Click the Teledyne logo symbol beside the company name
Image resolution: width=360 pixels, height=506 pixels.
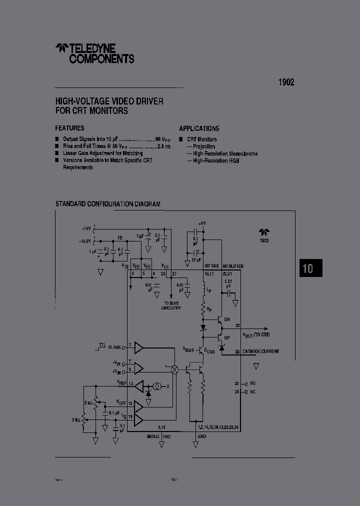[61, 48]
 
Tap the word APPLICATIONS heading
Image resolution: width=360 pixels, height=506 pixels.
[199, 128]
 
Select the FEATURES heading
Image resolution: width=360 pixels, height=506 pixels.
[69, 128]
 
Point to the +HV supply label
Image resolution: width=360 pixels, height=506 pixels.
[202, 223]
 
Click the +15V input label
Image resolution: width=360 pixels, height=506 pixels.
[87, 228]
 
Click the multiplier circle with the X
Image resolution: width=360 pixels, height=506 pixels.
[175, 369]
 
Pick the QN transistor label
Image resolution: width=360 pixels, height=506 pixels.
[226, 319]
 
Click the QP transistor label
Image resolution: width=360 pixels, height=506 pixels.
[226, 337]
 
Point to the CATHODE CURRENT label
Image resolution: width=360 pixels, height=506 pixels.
[260, 351]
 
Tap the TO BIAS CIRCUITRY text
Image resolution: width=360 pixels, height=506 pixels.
[171, 306]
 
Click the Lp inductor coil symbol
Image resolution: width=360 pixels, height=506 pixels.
[203, 290]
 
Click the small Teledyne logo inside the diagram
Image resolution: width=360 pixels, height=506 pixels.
[264, 232]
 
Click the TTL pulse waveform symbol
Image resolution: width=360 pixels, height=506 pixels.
[102, 344]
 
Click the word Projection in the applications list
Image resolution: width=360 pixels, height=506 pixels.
[204, 146]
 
